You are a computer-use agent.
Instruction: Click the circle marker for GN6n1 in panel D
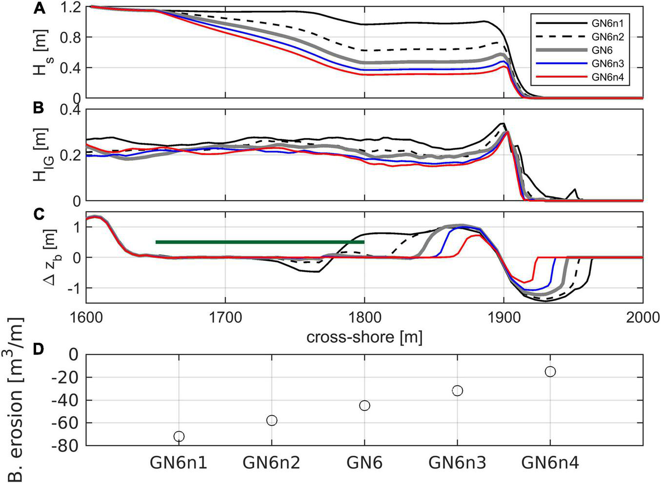[x=179, y=436]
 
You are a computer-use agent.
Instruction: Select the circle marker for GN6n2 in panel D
[x=272, y=420]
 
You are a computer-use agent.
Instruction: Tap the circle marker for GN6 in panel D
[x=364, y=405]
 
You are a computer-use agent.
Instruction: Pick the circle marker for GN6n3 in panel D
[x=458, y=390]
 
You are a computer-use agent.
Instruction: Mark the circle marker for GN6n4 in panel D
[x=550, y=372]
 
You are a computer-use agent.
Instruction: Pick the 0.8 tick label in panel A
[x=69, y=38]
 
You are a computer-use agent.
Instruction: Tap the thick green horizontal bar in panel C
[x=260, y=242]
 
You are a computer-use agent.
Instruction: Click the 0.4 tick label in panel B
[x=69, y=110]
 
